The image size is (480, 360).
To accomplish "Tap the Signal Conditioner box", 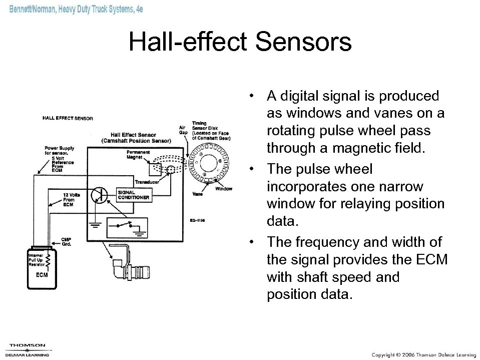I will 134,195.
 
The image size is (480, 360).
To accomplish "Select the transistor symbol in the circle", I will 100,195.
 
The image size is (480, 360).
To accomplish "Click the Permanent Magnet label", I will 138,154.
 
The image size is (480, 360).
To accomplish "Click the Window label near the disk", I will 224,189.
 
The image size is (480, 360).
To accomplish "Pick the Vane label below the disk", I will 197,194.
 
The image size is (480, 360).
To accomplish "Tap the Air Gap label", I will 183,130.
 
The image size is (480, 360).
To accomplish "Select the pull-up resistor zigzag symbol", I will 49,260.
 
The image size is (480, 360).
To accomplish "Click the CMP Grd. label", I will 67,242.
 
